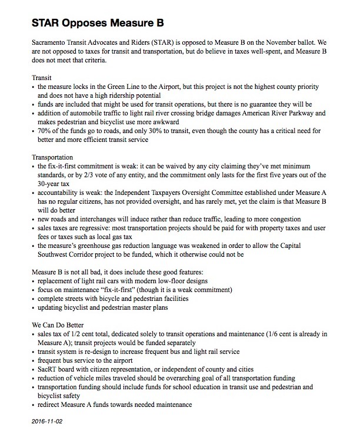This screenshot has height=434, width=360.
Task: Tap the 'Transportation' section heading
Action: point(52,158)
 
